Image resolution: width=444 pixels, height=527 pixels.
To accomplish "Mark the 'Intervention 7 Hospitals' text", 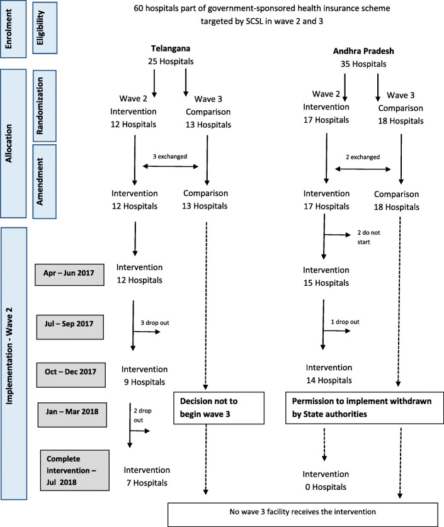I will point(147,475).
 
